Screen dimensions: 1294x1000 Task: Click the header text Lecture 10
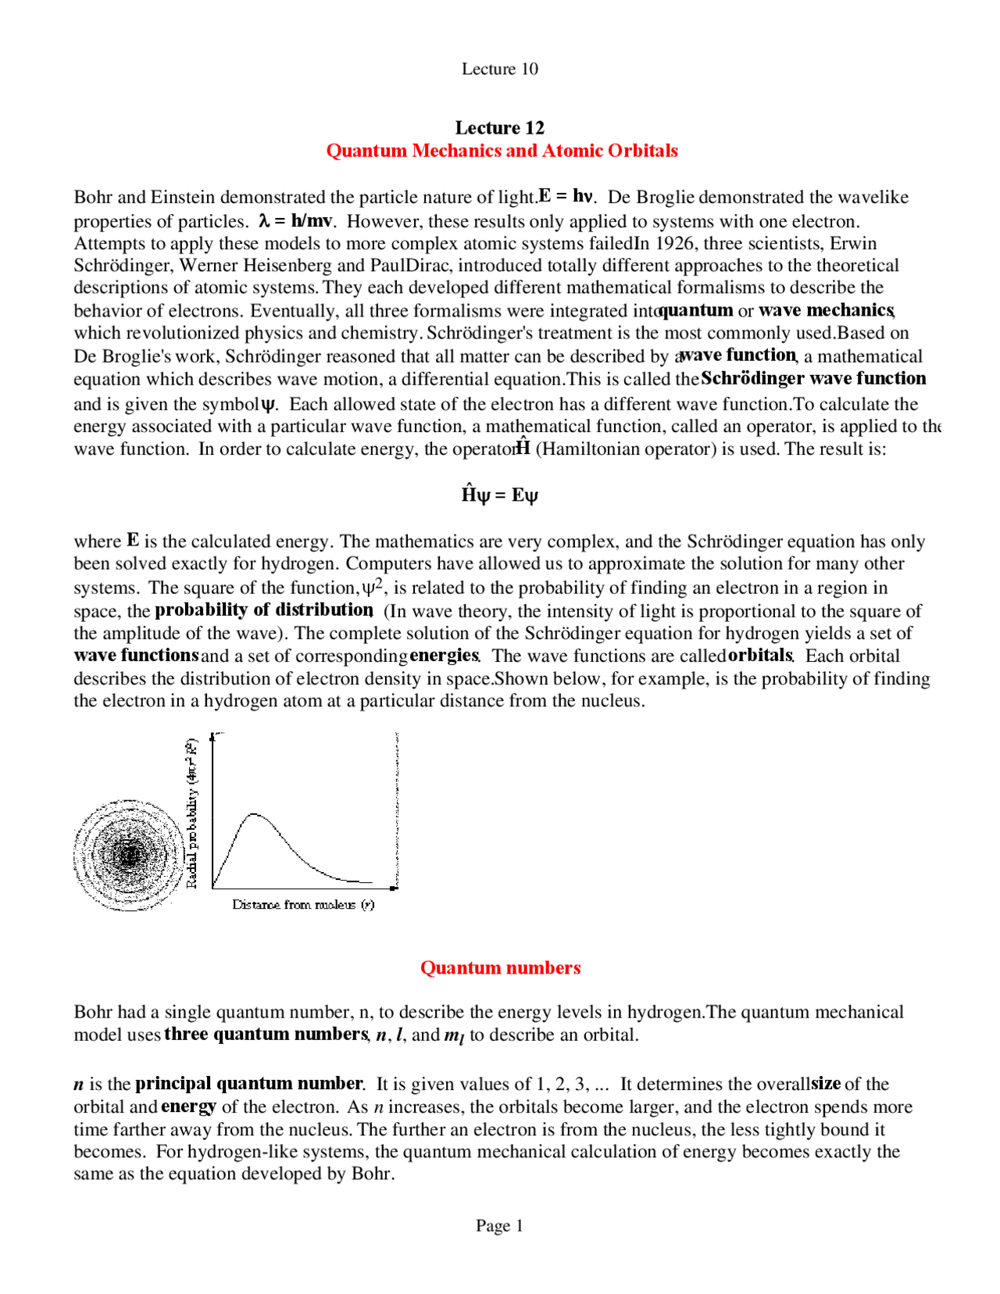tap(499, 69)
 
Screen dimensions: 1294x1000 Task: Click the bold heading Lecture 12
tap(499, 127)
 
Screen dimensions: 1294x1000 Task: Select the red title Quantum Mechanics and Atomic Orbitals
tap(502, 150)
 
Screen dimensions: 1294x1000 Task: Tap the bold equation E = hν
tap(566, 195)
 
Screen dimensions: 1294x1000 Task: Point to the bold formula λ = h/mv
tap(296, 220)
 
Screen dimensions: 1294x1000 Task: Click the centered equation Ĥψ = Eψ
tap(499, 495)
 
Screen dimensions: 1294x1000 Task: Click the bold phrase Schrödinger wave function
tap(813, 378)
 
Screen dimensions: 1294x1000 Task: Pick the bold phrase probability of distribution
tap(263, 609)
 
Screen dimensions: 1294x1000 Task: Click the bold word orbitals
tap(760, 655)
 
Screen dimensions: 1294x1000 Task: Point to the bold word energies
tap(444, 655)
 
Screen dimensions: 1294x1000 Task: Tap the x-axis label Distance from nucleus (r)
tap(303, 904)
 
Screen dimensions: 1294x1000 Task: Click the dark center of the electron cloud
tap(128, 854)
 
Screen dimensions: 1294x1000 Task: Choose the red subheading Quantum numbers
tap(500, 967)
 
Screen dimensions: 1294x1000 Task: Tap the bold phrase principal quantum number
tap(248, 1083)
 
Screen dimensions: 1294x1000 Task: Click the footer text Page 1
tap(499, 1225)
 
